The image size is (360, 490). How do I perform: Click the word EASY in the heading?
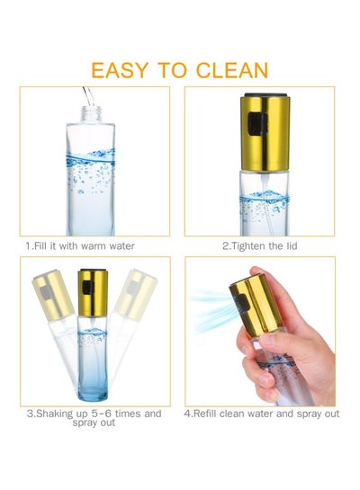[119, 70]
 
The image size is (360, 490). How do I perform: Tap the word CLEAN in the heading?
[232, 70]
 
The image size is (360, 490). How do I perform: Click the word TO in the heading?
[172, 70]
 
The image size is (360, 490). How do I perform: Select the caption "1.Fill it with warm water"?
[80, 246]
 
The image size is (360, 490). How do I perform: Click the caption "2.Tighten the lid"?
[259, 246]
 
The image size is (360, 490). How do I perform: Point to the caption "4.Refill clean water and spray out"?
[262, 414]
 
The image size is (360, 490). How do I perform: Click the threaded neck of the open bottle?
[91, 114]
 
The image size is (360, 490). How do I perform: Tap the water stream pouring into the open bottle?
[88, 97]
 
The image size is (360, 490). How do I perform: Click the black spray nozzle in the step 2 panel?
[257, 125]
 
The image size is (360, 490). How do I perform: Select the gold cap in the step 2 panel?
[265, 133]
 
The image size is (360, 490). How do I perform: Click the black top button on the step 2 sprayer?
[265, 94]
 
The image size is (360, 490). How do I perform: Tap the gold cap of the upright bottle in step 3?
[93, 293]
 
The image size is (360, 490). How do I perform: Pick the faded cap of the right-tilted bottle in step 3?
[136, 293]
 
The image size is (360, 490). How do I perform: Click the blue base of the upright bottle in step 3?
[93, 389]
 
